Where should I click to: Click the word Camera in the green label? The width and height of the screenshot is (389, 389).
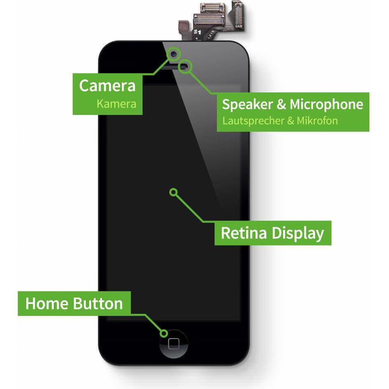pos(107,86)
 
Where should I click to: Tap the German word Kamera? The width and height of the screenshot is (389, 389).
pos(116,104)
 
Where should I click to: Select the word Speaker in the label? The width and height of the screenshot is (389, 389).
pos(247,104)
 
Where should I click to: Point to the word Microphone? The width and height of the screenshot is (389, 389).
pos(326,104)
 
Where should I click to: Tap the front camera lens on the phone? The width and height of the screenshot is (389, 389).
pos(174,53)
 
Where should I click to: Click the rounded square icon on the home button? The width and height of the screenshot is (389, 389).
pos(174,343)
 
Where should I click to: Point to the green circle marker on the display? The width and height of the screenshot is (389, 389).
pos(173,191)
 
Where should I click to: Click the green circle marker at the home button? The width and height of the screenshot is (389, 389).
pos(164,334)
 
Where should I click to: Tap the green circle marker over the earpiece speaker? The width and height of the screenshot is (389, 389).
pos(186,66)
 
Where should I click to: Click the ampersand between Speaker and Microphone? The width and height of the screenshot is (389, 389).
pos(281,104)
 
